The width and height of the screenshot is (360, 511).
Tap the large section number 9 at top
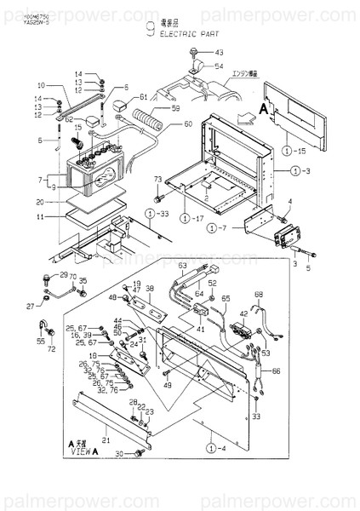150,32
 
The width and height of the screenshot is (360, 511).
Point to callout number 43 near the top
217,53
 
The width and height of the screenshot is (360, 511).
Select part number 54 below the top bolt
219,66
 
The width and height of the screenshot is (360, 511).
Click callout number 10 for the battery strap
40,85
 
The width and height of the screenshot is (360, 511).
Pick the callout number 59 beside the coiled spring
176,108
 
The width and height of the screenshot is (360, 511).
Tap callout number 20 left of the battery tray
40,202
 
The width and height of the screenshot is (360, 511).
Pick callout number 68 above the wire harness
258,296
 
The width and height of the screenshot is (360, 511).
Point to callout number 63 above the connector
181,266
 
